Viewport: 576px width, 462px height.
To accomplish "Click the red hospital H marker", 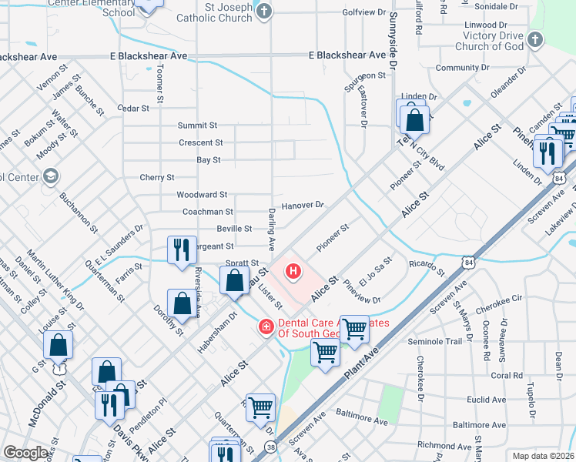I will [293, 270].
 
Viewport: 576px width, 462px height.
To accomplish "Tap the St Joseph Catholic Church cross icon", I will [264, 11].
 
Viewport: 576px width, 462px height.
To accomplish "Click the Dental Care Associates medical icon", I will [266, 328].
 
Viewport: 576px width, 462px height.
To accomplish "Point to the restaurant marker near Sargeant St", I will [181, 249].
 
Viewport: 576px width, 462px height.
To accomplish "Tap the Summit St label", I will [197, 126].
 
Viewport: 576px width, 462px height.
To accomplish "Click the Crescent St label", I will [200, 143].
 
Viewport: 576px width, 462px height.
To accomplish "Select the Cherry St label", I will [157, 178].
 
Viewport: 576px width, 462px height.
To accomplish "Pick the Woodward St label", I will [202, 196].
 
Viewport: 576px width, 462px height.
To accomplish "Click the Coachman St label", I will [207, 212].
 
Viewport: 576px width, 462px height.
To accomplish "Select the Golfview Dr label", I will [363, 12].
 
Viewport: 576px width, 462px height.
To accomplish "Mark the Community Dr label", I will [457, 68].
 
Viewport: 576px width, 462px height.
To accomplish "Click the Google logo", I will [26, 453].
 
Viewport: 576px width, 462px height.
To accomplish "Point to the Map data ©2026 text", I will [543, 456].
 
